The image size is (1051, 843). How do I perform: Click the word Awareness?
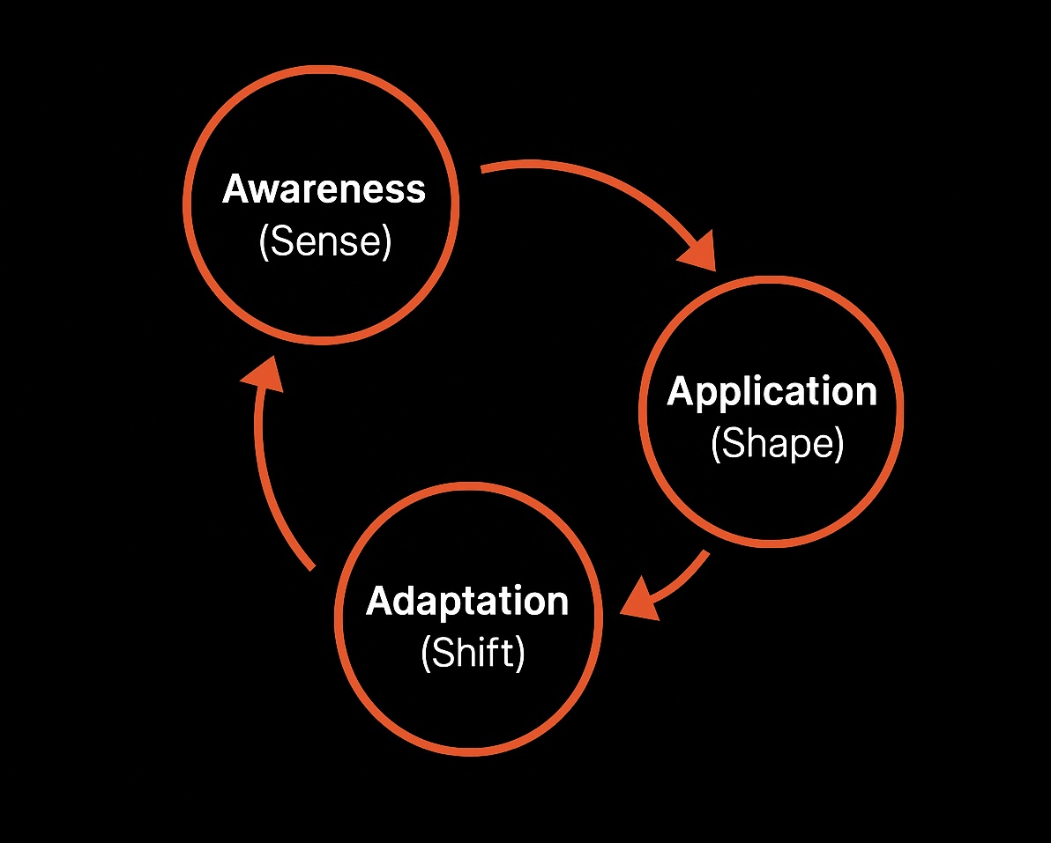324,189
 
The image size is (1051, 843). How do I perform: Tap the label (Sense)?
324,241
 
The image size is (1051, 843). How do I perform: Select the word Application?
772,392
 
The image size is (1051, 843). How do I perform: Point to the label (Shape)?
777,444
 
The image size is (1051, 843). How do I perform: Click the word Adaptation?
467,602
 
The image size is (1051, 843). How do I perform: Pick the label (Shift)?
473,654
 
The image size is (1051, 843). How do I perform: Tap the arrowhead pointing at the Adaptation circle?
640,603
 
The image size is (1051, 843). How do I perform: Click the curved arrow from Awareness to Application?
600,181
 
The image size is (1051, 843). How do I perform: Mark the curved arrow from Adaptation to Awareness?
265,476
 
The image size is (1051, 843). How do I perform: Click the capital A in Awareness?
238,189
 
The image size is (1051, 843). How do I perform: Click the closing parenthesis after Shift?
520,654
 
